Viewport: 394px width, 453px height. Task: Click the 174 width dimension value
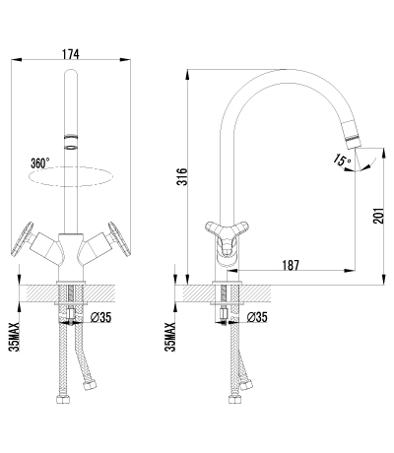click(71, 54)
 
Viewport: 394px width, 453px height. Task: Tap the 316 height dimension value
click(182, 176)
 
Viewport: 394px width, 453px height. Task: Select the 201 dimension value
click(378, 216)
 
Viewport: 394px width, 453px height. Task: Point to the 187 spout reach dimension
click(291, 265)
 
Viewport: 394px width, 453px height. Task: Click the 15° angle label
click(342, 161)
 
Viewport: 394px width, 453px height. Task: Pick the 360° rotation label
click(40, 162)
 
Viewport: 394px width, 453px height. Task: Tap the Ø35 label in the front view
click(100, 317)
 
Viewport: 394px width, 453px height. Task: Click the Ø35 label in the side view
click(257, 317)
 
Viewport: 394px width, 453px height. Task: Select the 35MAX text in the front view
click(15, 337)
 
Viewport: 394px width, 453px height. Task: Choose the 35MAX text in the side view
click(170, 337)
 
